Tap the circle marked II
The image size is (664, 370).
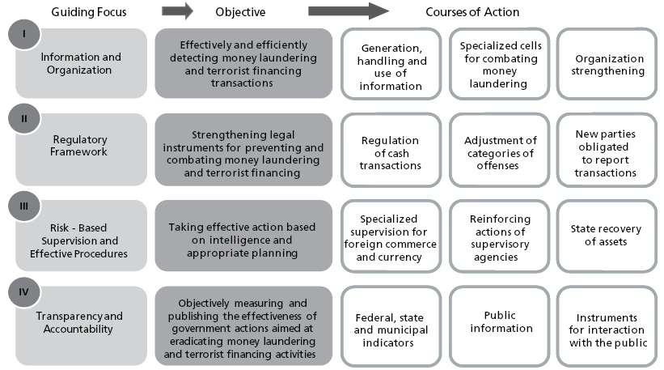click(24, 118)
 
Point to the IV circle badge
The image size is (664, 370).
click(24, 291)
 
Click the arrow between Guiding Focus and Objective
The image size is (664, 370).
click(177, 11)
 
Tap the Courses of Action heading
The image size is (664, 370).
click(472, 12)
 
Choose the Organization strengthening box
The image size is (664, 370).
click(609, 65)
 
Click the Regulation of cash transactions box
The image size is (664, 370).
click(391, 153)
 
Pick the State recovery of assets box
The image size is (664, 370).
click(609, 236)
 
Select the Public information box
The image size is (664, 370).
click(500, 322)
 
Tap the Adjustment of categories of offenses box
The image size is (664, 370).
click(500, 153)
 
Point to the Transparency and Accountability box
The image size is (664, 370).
click(81, 323)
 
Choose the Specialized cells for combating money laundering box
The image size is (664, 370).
click(500, 65)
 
